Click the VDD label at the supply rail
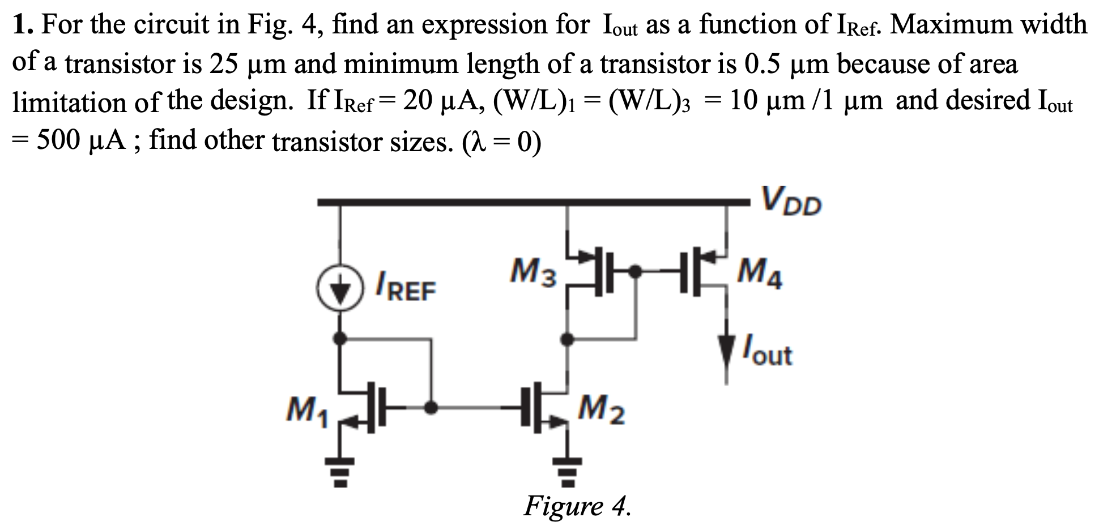pos(791,202)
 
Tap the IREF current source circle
pos(339,290)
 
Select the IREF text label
pos(406,288)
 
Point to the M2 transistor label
pos(602,410)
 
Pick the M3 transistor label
pos(533,272)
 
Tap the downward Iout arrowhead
pos(727,349)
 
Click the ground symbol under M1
pos(339,472)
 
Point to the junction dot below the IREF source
pos(339,339)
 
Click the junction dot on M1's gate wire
pos(431,406)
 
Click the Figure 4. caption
pos(577,506)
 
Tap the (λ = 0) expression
pos(501,142)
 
